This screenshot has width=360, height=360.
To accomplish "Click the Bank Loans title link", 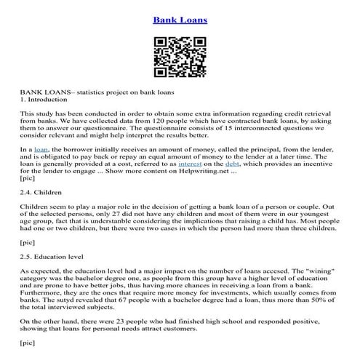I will [180, 20].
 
